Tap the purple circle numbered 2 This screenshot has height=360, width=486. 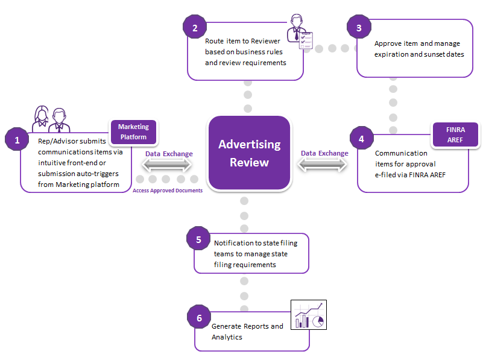pos(194,27)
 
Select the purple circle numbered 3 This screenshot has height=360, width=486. pos(359,27)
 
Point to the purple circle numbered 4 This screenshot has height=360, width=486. pos(361,139)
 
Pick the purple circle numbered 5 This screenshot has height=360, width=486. pos(198,239)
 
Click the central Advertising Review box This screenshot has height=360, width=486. pos(249,153)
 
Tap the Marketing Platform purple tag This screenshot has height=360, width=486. pos(133,132)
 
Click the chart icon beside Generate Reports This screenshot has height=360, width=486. pos(308,315)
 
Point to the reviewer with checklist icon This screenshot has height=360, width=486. pos(300,32)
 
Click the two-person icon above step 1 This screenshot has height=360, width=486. pos(51,118)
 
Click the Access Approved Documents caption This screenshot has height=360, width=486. pos(168,191)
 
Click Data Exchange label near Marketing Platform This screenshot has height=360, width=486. pos(169,154)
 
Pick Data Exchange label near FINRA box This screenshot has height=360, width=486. pos(324,153)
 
